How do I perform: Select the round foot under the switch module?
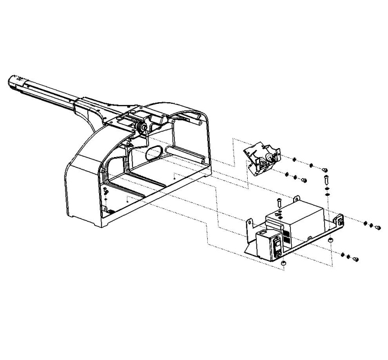(284, 263)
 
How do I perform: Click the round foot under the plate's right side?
(330, 239)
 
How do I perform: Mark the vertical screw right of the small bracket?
(326, 179)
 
